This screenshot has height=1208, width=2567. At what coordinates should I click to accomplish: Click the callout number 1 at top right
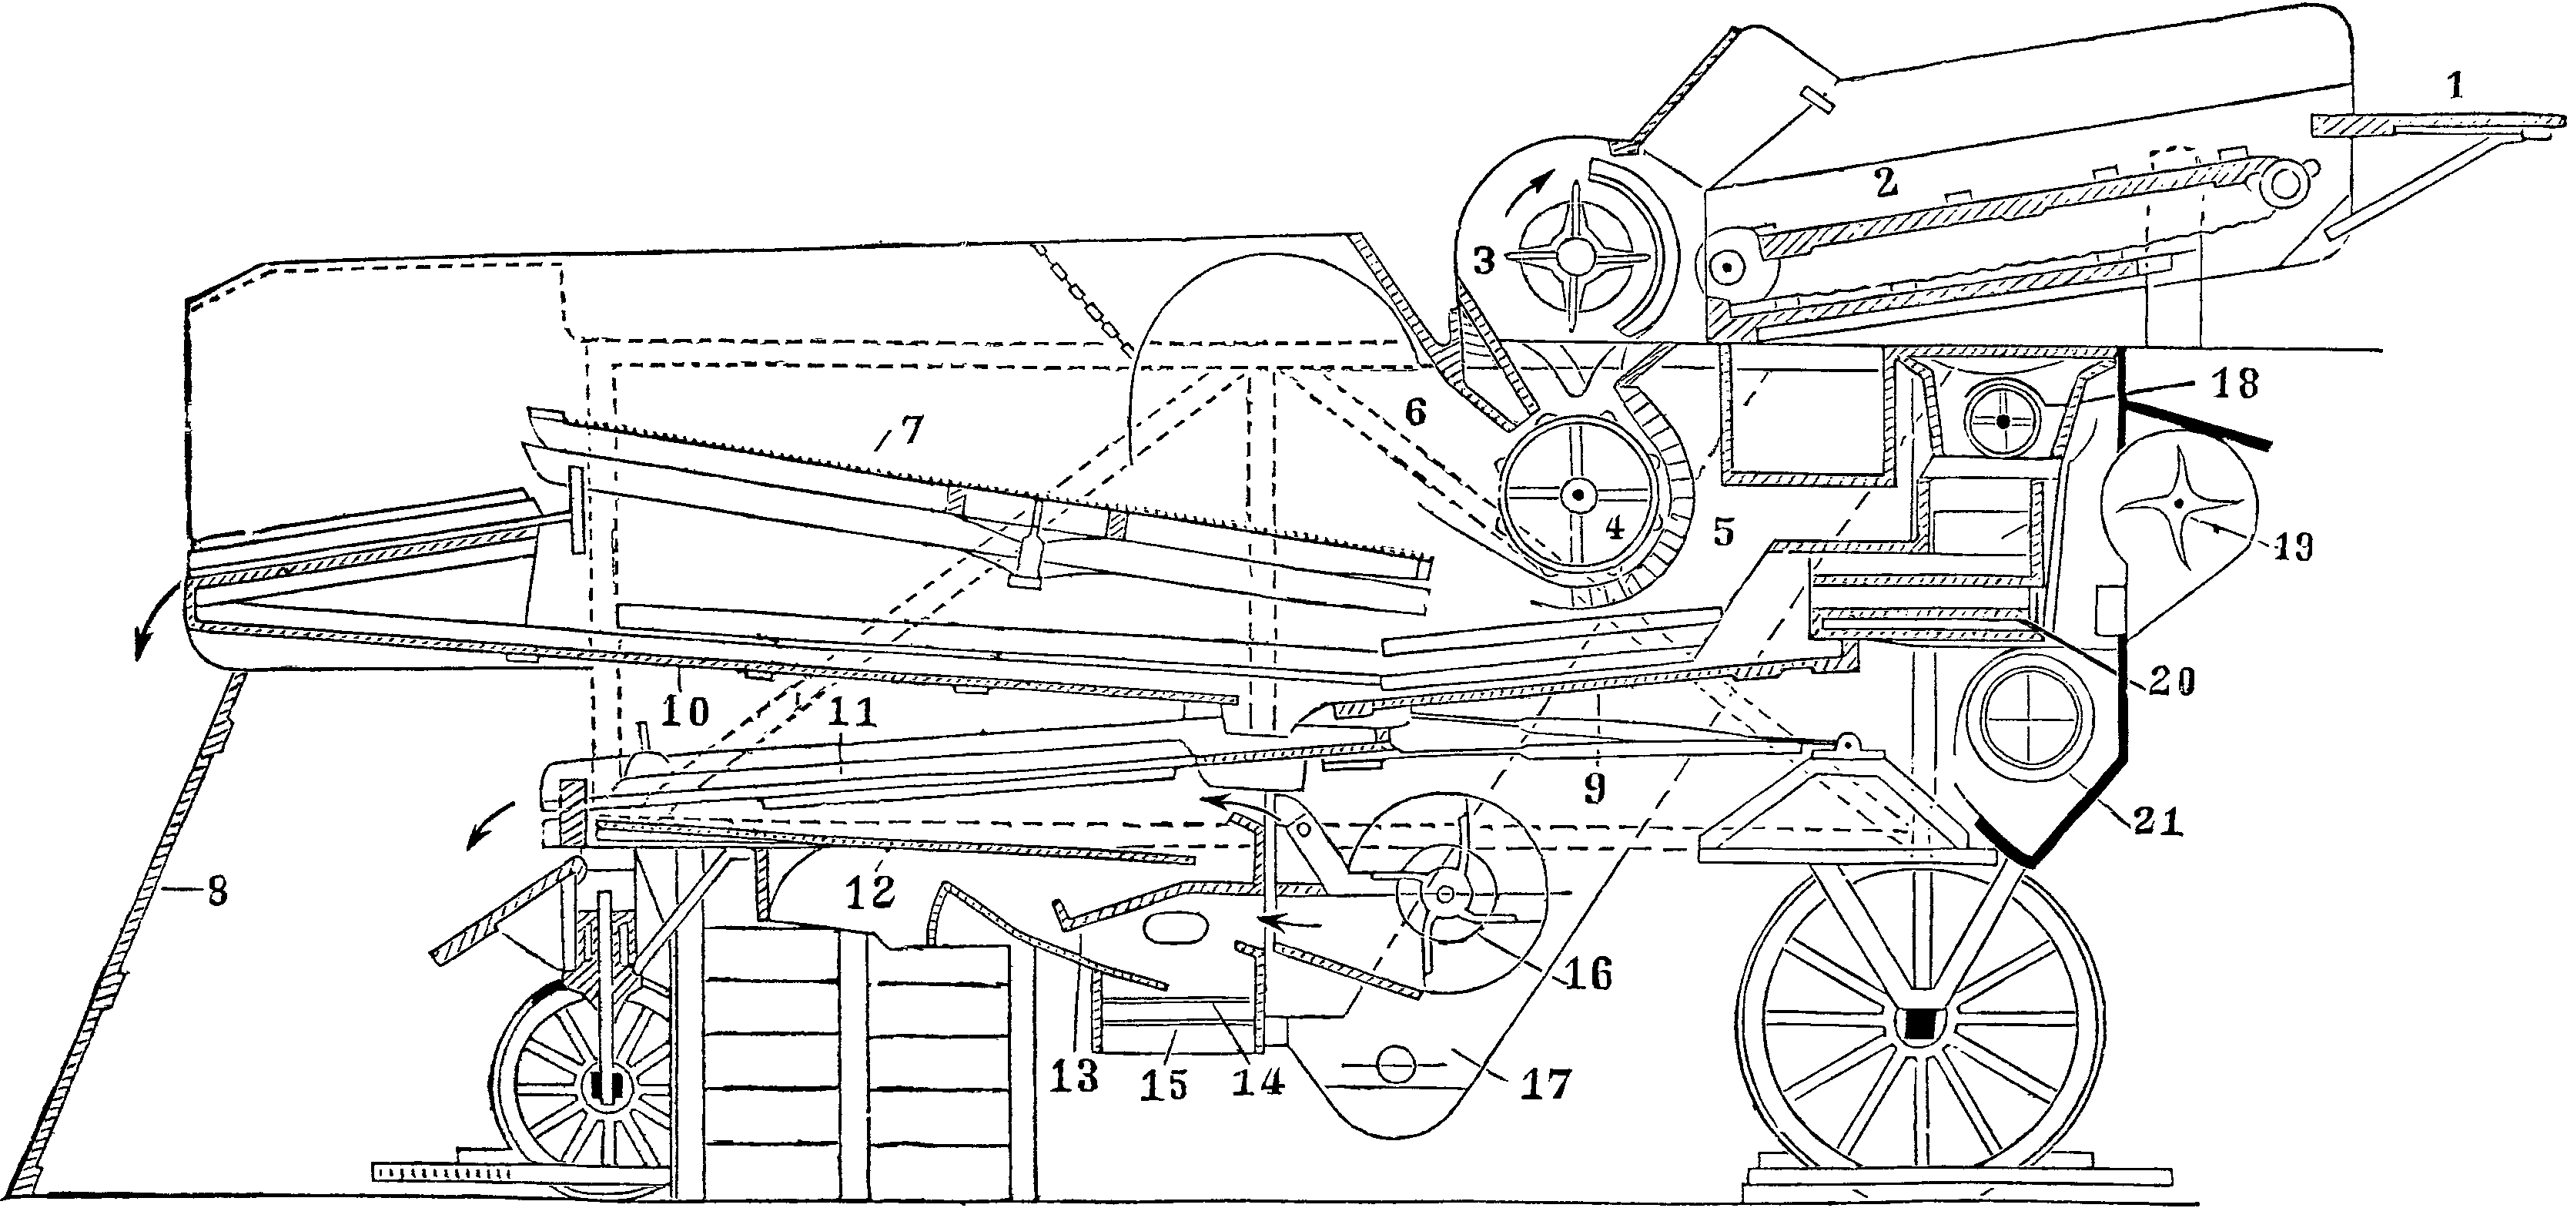(2455, 89)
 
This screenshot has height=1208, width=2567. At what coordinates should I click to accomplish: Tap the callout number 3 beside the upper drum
(1484, 262)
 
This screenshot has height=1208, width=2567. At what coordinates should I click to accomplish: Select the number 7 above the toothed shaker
(912, 431)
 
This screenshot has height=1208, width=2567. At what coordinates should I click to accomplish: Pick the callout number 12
(869, 892)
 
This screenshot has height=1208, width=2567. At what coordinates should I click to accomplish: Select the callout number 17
(1545, 1083)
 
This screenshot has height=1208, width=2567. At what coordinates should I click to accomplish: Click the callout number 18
(2233, 384)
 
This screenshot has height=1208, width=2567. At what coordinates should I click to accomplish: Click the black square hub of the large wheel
(1918, 1025)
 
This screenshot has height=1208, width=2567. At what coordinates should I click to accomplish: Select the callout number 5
(1724, 533)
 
